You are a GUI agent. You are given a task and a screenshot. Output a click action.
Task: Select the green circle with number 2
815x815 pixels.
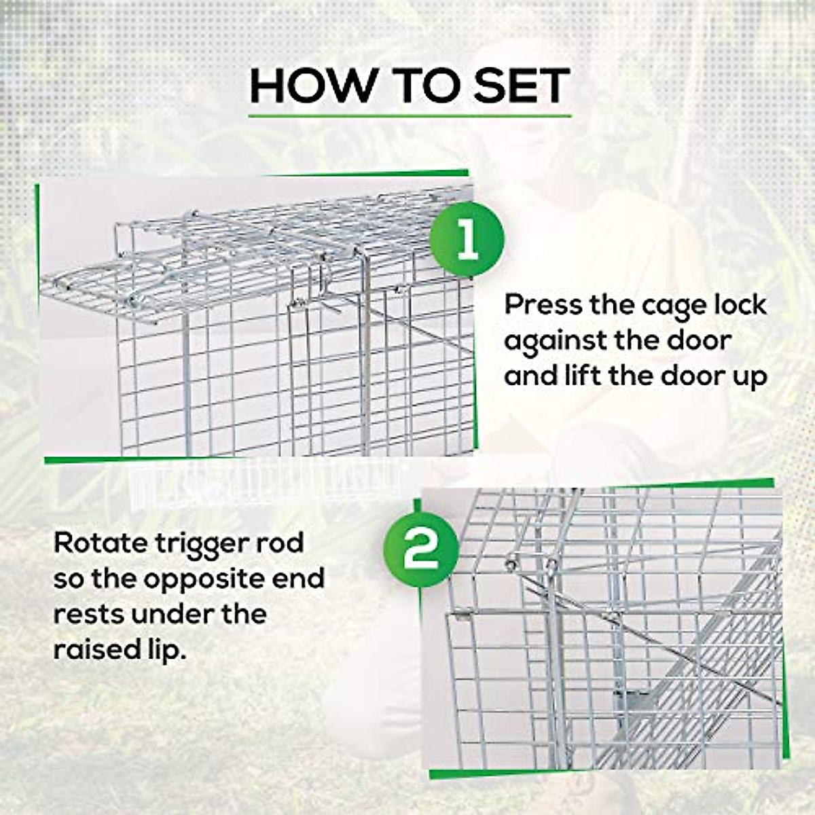pos(420,549)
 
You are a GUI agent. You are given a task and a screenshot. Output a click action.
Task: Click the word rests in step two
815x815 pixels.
pos(88,615)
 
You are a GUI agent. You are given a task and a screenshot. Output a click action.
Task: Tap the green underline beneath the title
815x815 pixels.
pos(409,116)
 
